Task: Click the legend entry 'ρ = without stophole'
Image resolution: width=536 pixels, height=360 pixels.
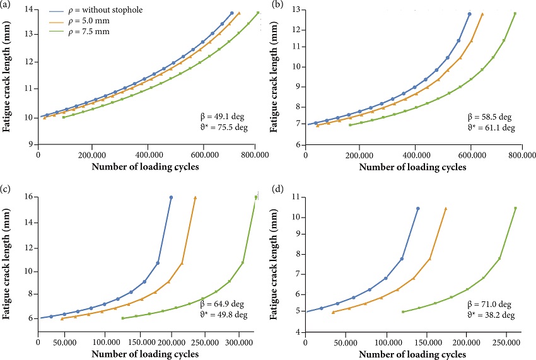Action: click(88, 11)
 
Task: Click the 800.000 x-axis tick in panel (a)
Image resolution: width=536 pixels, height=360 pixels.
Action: click(508, 154)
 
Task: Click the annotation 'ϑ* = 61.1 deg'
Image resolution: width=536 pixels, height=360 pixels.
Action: click(491, 128)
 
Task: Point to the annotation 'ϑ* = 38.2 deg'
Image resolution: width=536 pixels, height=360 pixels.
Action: click(491, 315)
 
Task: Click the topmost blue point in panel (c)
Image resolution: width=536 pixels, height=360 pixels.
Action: click(171, 197)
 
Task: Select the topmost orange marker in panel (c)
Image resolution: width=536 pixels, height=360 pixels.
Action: click(195, 197)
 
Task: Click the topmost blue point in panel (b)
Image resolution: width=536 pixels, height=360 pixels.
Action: click(469, 14)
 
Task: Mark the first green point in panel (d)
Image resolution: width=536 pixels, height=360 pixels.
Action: click(403, 311)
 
